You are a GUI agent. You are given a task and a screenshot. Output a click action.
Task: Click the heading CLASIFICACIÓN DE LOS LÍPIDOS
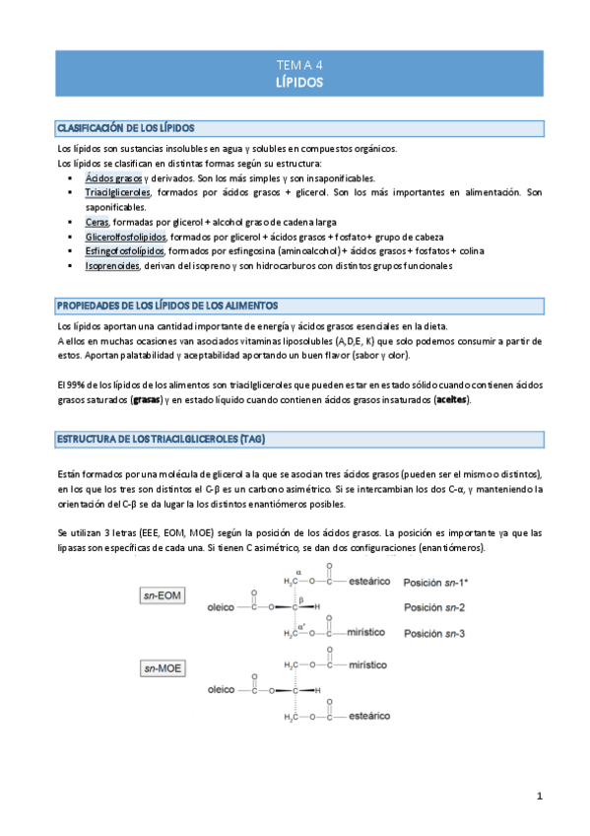[127, 128]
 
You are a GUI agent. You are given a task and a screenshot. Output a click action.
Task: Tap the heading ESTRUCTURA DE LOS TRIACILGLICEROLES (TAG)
[164, 437]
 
